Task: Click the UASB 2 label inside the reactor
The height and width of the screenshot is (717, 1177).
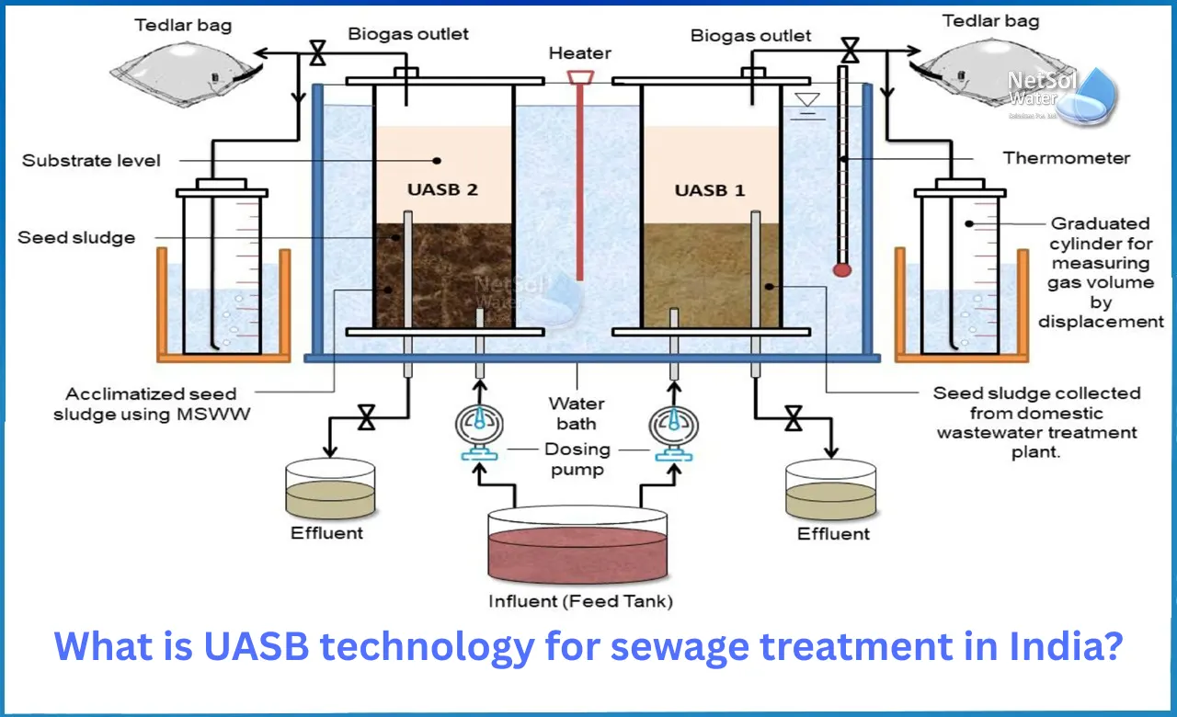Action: tap(442, 191)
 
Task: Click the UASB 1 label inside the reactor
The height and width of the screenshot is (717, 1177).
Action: tap(710, 191)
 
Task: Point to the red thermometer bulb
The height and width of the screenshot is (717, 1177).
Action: tap(840, 269)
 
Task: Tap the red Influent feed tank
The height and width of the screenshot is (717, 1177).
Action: tap(577, 552)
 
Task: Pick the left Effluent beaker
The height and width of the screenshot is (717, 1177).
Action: tap(329, 490)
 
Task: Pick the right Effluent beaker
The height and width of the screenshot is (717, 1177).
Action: tap(831, 491)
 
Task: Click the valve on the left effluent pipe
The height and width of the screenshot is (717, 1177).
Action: tap(366, 421)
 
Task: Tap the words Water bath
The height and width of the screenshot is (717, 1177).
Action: tap(577, 414)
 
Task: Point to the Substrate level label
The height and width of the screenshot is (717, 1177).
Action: tap(91, 161)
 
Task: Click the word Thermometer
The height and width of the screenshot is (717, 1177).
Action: tap(1067, 158)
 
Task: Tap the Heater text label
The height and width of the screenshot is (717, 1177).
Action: tap(579, 53)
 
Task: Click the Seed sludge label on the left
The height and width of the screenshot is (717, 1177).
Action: tap(76, 238)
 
